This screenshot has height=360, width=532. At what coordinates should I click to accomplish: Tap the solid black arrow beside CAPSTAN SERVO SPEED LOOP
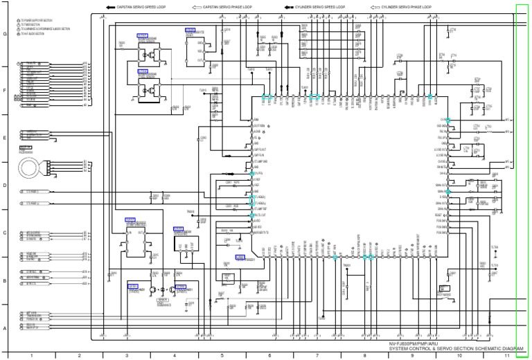click(109, 6)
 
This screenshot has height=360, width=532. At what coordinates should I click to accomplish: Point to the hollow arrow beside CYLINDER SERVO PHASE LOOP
click(374, 6)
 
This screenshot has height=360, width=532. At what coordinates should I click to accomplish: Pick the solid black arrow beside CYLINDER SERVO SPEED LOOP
click(287, 6)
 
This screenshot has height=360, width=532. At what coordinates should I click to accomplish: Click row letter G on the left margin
click(5, 34)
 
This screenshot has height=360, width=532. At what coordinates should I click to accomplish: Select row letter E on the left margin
click(5, 138)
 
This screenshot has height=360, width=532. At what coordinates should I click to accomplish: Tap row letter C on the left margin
click(5, 233)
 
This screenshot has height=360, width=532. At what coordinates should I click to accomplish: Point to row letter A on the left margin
click(5, 328)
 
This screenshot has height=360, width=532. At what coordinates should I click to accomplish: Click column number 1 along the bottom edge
click(32, 355)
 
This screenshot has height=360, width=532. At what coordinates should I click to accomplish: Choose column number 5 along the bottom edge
click(222, 355)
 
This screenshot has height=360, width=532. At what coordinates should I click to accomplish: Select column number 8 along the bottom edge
click(364, 355)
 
